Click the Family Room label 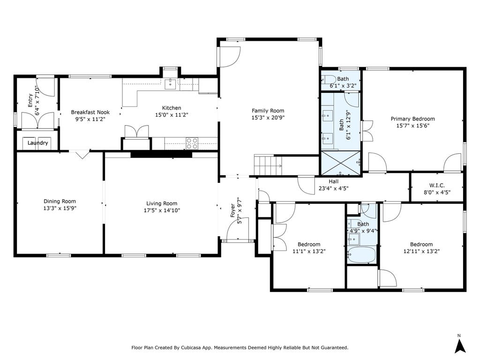click(x=268, y=111)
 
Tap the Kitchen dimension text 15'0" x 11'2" click(x=172, y=115)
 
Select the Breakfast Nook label click(x=90, y=112)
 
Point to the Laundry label click(x=37, y=143)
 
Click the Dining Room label click(x=60, y=201)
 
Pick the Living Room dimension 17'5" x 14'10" click(x=162, y=210)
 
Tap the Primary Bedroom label click(x=412, y=119)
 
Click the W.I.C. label click(x=437, y=185)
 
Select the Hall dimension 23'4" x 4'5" click(x=333, y=188)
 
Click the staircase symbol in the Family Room click(x=268, y=165)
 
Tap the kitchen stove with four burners click(x=192, y=143)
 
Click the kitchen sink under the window click(x=170, y=84)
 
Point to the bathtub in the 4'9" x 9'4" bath click(x=361, y=255)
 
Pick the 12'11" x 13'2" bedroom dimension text click(x=421, y=251)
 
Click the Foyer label click(x=232, y=210)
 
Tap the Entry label click(x=30, y=100)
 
